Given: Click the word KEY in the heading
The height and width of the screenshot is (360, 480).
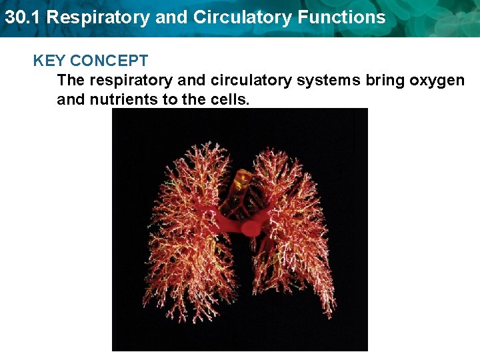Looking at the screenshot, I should click(49, 61).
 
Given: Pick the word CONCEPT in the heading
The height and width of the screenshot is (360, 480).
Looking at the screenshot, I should click(109, 61).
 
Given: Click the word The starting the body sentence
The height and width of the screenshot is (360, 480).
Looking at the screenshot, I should click(71, 81).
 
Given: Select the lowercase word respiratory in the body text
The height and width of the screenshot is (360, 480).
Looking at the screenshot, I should click(129, 81).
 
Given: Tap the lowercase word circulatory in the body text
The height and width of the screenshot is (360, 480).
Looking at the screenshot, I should click(249, 81).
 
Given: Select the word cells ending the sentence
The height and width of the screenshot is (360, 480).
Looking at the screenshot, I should click(229, 100).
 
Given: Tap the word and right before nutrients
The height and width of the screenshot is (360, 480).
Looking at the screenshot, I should click(71, 100).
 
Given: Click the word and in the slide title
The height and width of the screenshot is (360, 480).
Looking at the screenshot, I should click(172, 17).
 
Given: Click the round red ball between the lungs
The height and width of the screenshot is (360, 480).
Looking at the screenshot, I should click(251, 229).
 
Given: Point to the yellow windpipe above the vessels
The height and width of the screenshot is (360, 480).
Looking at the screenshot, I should click(241, 181).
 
